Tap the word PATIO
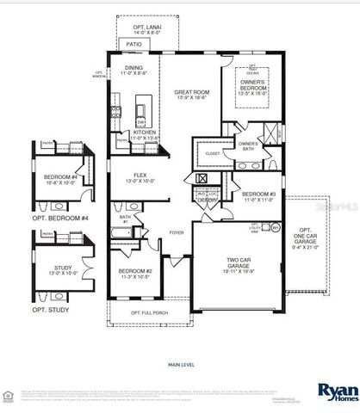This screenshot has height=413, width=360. pyautogui.click(x=135, y=42)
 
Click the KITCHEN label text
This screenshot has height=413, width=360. pyautogui.click(x=144, y=133)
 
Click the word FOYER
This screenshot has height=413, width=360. pyautogui.click(x=176, y=232)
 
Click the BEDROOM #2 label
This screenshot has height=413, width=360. pyautogui.click(x=135, y=274)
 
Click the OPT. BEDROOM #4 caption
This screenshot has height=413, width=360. pyautogui.click(x=60, y=219)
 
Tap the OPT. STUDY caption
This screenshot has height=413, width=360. pyautogui.click(x=50, y=309)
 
